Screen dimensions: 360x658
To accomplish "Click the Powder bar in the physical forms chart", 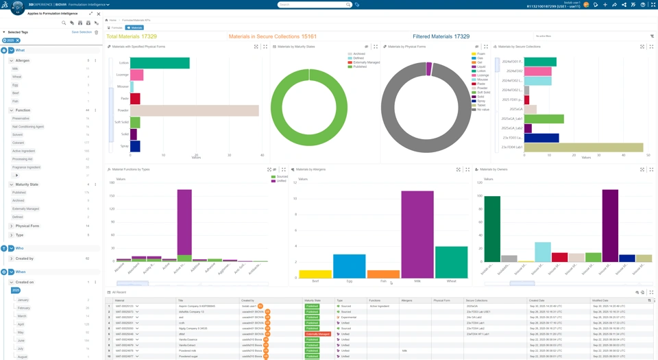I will tap(195, 110).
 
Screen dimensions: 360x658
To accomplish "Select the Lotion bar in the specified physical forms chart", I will tap(160, 63).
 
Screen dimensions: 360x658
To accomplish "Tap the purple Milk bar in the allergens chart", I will tap(417, 234).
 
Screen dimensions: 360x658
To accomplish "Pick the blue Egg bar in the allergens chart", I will tap(350, 266).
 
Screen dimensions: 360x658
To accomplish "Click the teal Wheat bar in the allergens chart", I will tap(451, 262).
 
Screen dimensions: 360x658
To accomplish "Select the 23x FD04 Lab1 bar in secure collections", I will tap(583, 147).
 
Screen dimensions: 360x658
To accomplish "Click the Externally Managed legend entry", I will tap(366, 62).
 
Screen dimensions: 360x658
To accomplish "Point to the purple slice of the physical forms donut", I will tap(429, 69).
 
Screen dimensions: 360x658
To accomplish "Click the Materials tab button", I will tap(135, 28).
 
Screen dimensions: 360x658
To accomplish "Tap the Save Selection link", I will tap(82, 32).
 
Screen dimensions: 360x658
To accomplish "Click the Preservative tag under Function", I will tap(21, 119).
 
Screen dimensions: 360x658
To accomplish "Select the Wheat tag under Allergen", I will tap(17, 77).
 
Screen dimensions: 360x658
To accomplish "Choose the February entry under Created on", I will tap(24, 308).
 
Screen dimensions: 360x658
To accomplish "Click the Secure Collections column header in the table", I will tap(477, 300).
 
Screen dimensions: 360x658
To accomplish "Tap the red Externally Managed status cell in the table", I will tap(317, 334).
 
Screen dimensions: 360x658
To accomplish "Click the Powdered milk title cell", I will tap(188, 350).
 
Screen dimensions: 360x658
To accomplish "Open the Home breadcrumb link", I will tap(112, 21).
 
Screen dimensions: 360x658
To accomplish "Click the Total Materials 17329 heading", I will tap(132, 36).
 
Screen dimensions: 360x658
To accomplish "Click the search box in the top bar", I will tap(312, 5).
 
